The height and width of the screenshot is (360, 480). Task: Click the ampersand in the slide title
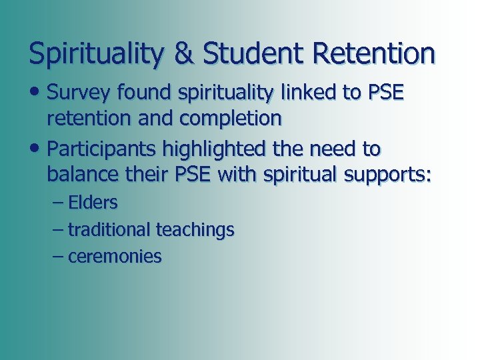[183, 54]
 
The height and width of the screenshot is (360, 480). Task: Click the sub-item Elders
[93, 203]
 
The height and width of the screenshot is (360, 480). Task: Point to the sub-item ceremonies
[115, 257]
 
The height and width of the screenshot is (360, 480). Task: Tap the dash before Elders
[58, 203]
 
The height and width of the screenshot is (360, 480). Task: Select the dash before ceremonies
[58, 257]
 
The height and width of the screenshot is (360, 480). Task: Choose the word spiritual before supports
[301, 175]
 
